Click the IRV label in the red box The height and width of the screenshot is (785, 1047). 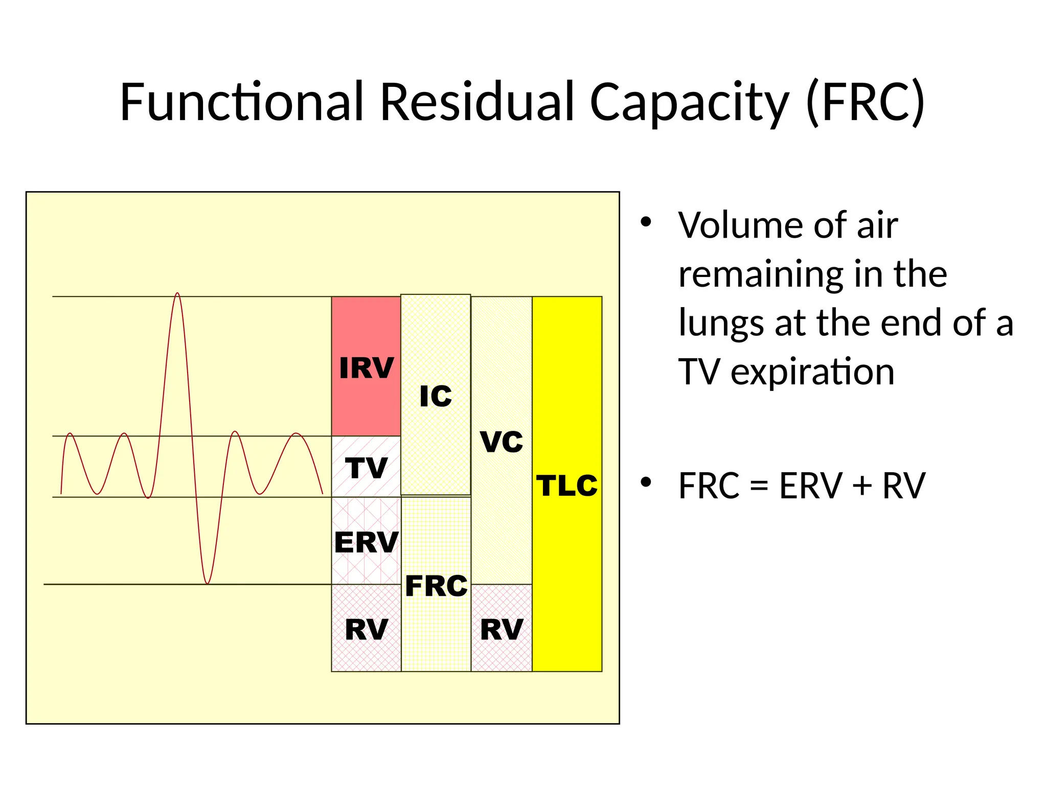tap(366, 368)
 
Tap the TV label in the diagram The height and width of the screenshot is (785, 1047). tap(366, 468)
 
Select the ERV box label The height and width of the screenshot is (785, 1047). tap(366, 542)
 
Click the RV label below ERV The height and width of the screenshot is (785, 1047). tap(366, 630)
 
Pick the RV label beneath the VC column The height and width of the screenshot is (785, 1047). tap(502, 630)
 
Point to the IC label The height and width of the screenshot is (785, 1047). tap(436, 397)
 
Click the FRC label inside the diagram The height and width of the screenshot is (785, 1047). tap(436, 586)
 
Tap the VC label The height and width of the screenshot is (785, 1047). tap(502, 442)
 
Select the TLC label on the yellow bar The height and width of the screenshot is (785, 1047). tap(567, 486)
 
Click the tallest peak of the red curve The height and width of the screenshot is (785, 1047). tap(177, 294)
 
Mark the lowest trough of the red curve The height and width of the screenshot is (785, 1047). tap(207, 583)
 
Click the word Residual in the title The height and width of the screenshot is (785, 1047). tap(477, 102)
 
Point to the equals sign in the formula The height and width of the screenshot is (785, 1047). tap(759, 486)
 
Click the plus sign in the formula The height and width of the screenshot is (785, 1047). tap(862, 486)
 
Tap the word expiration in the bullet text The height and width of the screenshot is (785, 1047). tap(812, 372)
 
